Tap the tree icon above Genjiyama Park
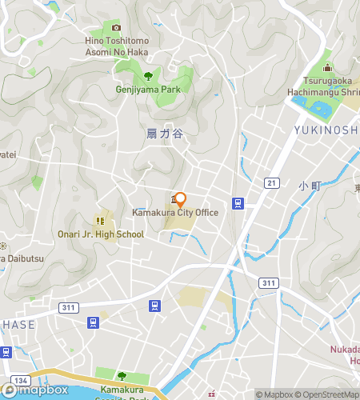point(148,76)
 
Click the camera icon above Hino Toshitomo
point(117,28)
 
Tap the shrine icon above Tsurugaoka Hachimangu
point(327,67)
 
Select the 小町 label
point(310,186)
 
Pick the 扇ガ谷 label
point(166,134)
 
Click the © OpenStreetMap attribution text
point(329,394)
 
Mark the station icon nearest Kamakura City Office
point(238,202)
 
